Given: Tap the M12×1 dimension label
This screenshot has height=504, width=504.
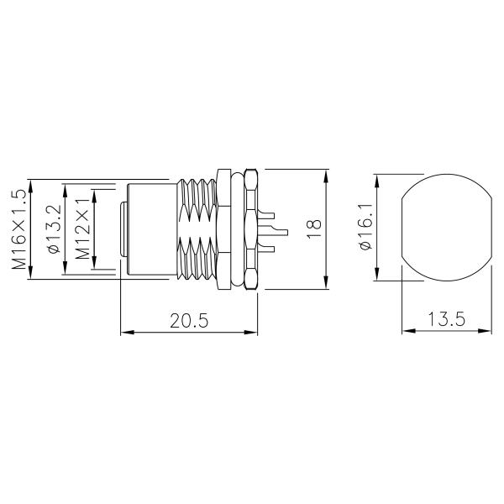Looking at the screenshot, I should [x=82, y=228].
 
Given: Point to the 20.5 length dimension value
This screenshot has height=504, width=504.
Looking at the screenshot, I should [x=188, y=321].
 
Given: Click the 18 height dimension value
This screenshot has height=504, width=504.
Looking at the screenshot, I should [x=315, y=229].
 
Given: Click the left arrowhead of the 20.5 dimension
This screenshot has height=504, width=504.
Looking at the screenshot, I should [x=127, y=332].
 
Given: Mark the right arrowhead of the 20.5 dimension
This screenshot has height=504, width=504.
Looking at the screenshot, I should [x=254, y=332].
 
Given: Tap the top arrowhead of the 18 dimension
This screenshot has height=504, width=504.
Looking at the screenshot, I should [x=325, y=173].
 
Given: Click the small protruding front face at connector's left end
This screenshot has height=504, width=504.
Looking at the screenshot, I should [x=124, y=229].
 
